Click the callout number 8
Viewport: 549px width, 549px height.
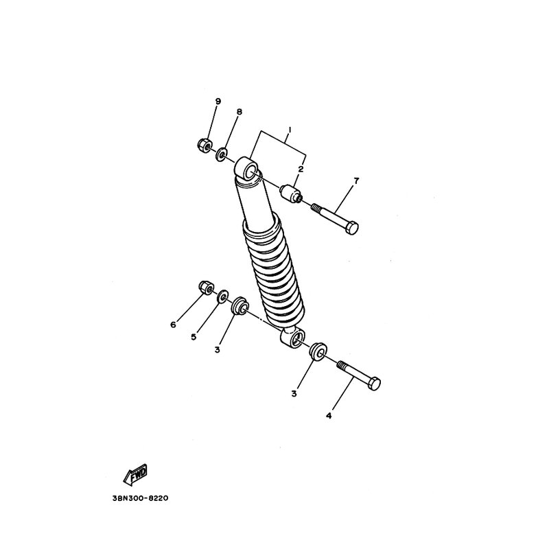pyautogui.click(x=240, y=112)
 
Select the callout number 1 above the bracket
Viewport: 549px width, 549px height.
pyautogui.click(x=290, y=130)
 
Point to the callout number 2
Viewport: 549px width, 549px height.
pyautogui.click(x=301, y=170)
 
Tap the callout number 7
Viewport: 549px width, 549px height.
pyautogui.click(x=356, y=181)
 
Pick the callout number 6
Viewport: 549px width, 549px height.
pyautogui.click(x=173, y=325)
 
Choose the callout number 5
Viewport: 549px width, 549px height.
pyautogui.click(x=194, y=337)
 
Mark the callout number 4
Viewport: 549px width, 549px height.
pyautogui.click(x=329, y=416)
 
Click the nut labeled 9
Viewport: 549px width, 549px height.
pyautogui.click(x=203, y=144)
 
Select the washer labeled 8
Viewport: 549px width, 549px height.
pyautogui.click(x=221, y=154)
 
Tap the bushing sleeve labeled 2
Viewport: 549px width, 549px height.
pyautogui.click(x=291, y=194)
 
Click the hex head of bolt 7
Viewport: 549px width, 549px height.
pyautogui.click(x=351, y=228)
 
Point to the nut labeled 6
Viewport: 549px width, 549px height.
pyautogui.click(x=205, y=288)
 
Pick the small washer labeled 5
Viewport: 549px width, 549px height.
pyautogui.click(x=222, y=297)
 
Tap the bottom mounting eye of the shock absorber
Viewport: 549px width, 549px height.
pyautogui.click(x=293, y=338)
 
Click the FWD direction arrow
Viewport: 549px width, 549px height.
pyautogui.click(x=135, y=474)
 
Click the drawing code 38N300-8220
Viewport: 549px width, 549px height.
pyautogui.click(x=141, y=498)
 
